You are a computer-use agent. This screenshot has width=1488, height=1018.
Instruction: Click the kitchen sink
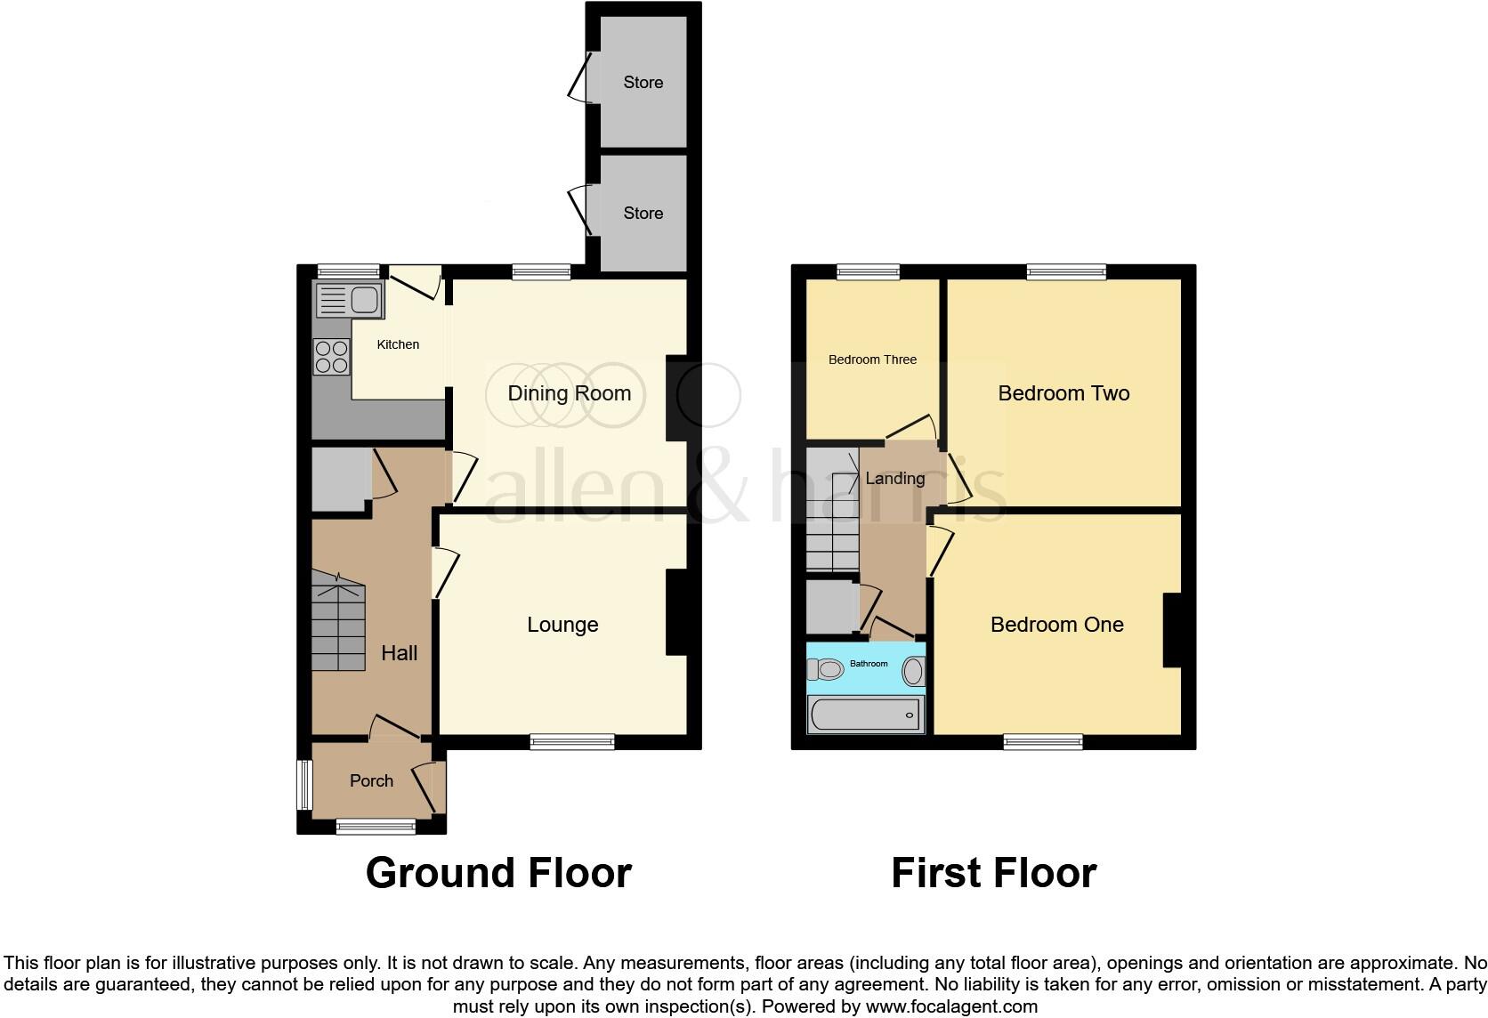351,301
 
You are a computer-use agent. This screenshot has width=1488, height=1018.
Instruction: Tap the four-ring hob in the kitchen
331,357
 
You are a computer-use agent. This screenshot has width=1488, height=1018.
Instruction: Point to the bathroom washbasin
913,671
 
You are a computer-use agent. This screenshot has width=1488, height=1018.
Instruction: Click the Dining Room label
569,393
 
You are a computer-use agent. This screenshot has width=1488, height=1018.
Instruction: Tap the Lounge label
562,625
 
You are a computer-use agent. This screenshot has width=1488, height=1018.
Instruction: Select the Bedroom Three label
872,360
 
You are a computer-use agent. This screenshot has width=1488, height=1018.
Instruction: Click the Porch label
371,780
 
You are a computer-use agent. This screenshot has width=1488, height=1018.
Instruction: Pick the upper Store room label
643,82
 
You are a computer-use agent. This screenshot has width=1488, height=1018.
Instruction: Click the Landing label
894,478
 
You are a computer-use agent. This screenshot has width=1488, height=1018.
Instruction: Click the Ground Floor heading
498,873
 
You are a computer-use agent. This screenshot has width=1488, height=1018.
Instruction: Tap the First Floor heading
993,873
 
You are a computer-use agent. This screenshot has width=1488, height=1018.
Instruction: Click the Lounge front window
571,741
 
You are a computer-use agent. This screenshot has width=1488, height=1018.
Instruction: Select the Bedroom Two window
1066,272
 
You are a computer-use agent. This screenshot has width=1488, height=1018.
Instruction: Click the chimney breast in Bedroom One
1172,629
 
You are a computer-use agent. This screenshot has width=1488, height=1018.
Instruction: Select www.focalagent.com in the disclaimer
951,1006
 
